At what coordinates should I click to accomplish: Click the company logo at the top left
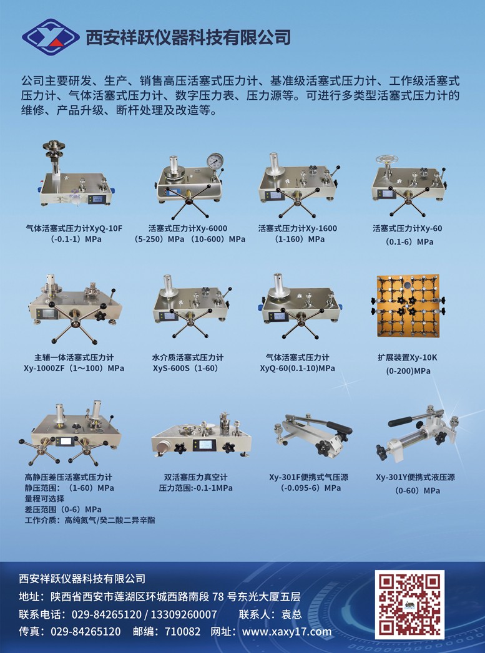click(51, 37)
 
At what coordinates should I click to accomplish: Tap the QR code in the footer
click(409, 605)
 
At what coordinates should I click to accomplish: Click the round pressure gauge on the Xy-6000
click(215, 162)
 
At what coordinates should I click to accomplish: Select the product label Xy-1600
click(321, 228)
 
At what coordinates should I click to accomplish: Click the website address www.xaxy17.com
click(287, 631)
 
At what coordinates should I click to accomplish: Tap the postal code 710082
click(182, 631)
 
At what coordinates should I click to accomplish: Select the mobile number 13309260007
click(184, 614)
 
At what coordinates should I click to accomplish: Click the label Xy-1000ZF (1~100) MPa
click(74, 368)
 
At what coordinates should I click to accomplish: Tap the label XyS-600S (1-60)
click(185, 368)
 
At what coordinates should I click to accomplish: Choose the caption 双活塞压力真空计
click(195, 477)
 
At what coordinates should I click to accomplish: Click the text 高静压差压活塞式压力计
click(68, 477)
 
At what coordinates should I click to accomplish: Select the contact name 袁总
click(291, 614)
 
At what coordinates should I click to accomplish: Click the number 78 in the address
click(218, 597)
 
